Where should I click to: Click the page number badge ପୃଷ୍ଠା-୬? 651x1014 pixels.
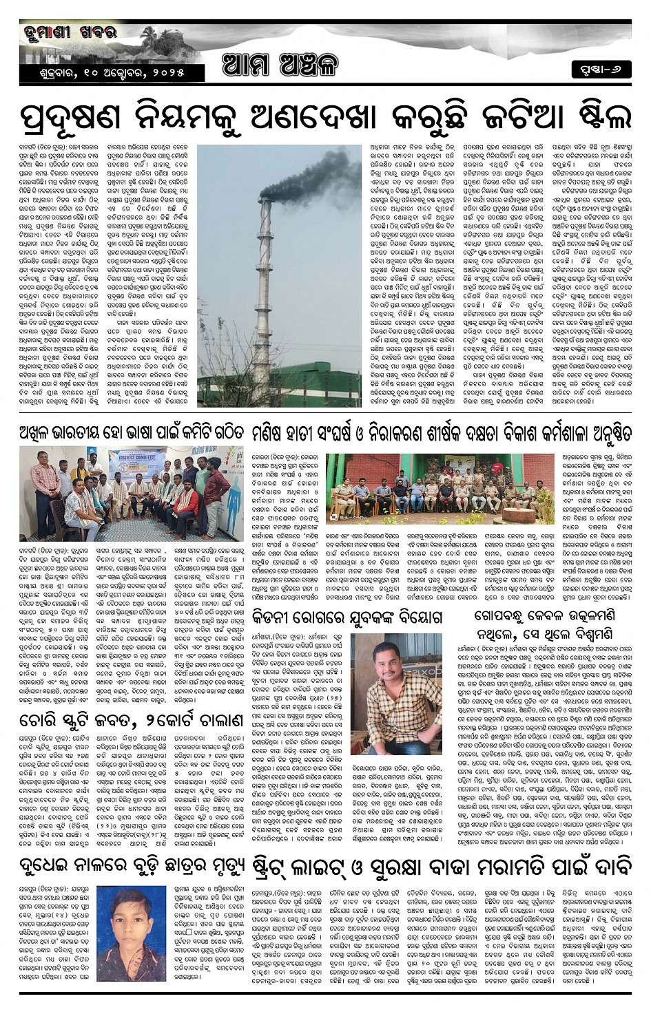coord(601,70)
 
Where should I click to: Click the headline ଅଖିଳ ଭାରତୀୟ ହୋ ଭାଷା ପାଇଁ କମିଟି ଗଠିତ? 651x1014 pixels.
coord(132,433)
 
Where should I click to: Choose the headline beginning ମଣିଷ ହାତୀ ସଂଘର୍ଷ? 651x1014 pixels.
coord(441,433)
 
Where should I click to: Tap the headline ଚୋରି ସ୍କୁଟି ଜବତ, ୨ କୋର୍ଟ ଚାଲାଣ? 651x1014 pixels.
coord(131,721)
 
